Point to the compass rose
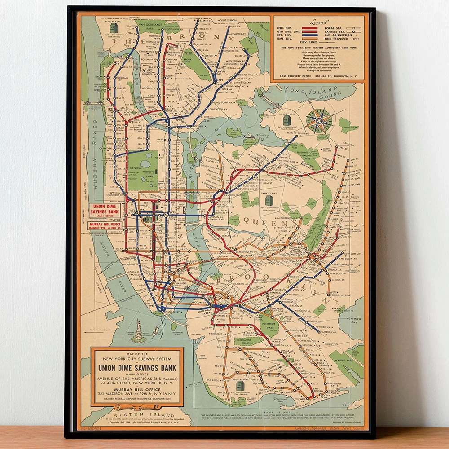point(319,120)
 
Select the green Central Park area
point(143,170)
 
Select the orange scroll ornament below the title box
point(136,408)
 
